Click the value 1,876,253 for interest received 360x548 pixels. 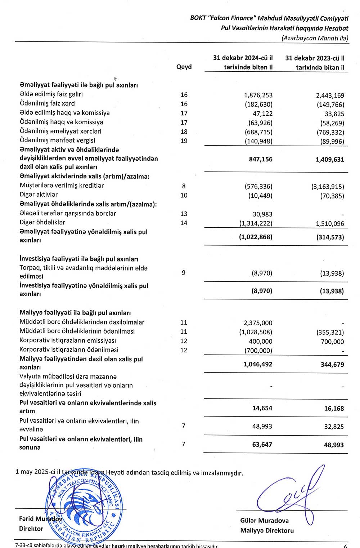click(258, 95)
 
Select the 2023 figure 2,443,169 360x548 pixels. click(330, 95)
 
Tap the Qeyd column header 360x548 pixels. click(184, 67)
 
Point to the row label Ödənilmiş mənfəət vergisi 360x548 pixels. click(57, 141)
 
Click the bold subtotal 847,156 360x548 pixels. click(261, 159)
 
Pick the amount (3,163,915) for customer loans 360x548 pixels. click(328, 187)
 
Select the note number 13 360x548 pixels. click(184, 214)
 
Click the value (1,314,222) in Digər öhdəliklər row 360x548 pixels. click(256, 223)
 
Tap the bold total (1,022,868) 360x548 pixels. click(256, 237)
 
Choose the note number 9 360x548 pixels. click(184, 273)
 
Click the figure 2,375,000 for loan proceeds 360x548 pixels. click(258, 323)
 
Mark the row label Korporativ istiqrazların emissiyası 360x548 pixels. click(68, 340)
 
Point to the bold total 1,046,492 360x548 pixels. click(258, 364)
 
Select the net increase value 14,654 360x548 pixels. click(262, 408)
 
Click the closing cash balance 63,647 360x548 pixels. click(262, 445)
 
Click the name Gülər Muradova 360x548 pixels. click(264, 521)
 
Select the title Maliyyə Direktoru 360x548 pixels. click(267, 530)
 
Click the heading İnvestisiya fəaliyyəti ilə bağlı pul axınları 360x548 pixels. click(79, 259)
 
